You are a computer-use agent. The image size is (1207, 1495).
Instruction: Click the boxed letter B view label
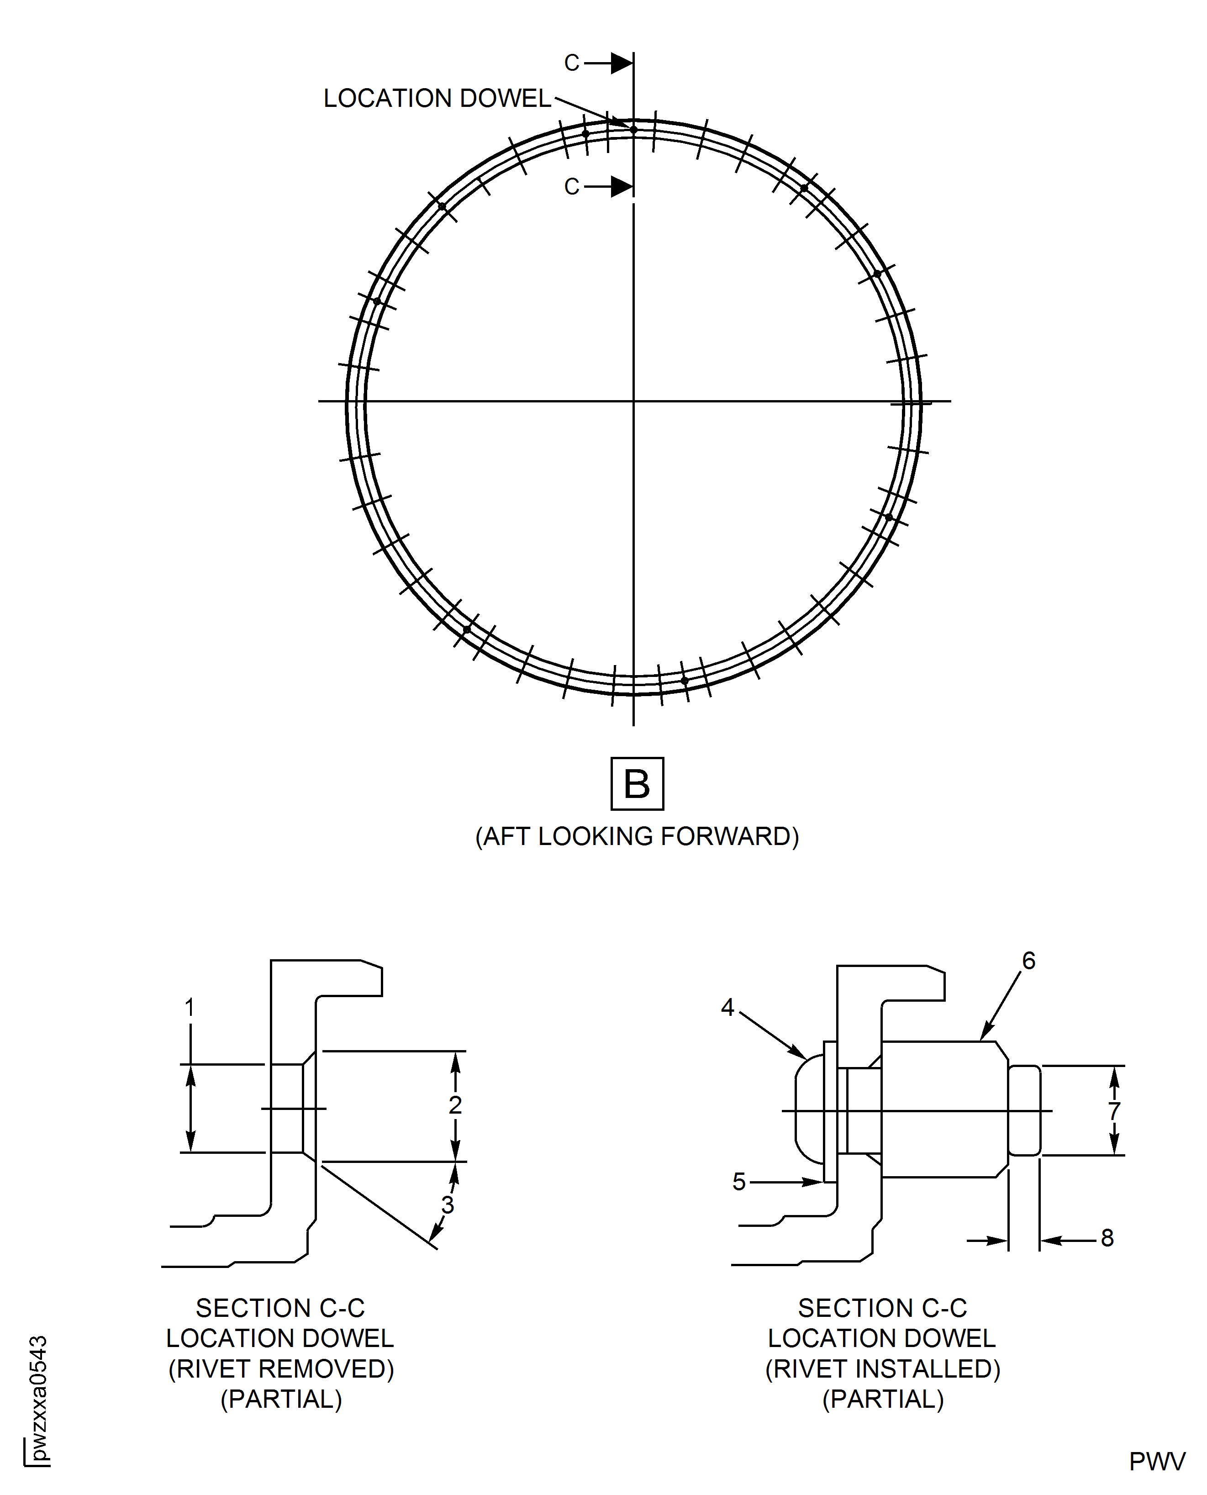(x=637, y=784)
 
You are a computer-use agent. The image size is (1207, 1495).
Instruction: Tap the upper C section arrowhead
(x=622, y=63)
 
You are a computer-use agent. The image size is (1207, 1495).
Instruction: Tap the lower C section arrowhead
(x=622, y=186)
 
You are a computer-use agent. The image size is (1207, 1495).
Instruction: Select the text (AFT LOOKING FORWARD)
(x=637, y=836)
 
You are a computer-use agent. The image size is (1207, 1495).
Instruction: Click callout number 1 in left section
(x=189, y=1008)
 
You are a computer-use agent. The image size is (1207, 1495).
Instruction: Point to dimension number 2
(x=455, y=1105)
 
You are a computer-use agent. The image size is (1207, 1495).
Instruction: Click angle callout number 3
(x=448, y=1205)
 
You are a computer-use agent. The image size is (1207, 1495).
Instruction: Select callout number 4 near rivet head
(x=727, y=1008)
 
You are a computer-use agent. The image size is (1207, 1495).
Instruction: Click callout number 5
(x=738, y=1181)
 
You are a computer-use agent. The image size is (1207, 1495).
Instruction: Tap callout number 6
(x=1028, y=961)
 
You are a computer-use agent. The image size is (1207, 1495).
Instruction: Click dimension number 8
(x=1107, y=1238)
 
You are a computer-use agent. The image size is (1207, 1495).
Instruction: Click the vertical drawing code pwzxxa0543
(x=38, y=1398)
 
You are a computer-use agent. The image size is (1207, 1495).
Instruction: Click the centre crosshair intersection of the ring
(x=633, y=401)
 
